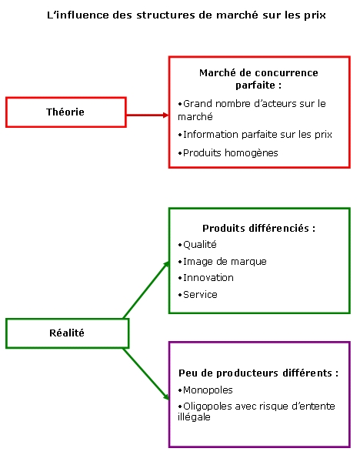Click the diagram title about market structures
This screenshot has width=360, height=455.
point(186,15)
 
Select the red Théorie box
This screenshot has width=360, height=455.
point(66,112)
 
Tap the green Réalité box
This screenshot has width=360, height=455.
point(67,333)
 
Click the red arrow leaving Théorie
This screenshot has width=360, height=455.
point(148,115)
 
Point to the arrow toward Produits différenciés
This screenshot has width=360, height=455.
point(146,289)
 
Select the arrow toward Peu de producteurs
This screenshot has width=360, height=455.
point(146,374)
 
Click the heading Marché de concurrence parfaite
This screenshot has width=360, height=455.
point(258,79)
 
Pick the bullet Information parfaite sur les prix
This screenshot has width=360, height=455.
point(255,135)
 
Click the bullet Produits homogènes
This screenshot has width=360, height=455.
point(228,152)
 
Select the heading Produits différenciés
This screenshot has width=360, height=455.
point(258,228)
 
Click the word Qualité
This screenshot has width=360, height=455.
point(200,245)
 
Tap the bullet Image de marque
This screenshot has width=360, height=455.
point(222,262)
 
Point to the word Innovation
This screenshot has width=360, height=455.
point(208,278)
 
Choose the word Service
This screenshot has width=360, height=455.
point(200,295)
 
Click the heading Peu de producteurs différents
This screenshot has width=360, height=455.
point(258,373)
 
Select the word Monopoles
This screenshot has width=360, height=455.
point(208,390)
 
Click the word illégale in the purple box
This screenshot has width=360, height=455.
point(194,417)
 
